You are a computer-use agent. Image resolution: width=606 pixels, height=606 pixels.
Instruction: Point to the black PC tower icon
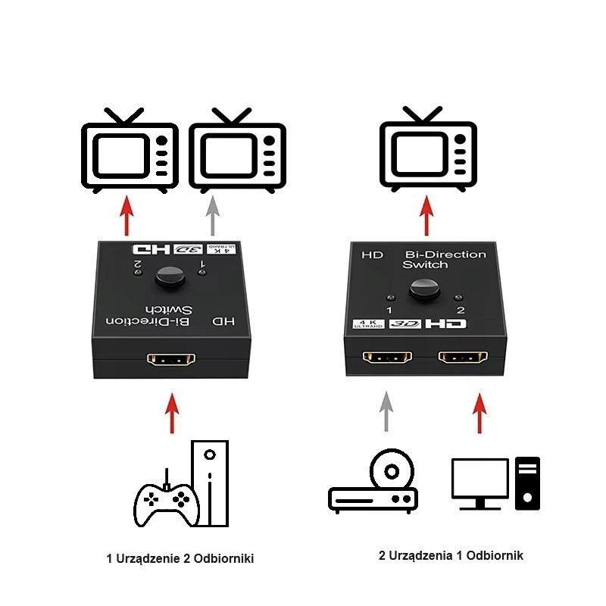[x=527, y=483]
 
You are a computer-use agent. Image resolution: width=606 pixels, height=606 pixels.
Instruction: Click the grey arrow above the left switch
[x=213, y=215]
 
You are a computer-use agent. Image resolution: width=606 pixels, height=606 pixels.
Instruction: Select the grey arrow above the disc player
[x=386, y=411]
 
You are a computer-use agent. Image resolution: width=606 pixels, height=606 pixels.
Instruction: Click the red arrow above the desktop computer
[x=479, y=411]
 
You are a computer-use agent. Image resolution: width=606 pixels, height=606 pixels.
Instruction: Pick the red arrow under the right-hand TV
[x=428, y=215]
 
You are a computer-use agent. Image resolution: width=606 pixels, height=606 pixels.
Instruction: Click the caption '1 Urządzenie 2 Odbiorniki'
[x=180, y=558]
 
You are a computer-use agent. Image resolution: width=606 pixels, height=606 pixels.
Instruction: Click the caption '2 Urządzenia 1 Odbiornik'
[x=451, y=555]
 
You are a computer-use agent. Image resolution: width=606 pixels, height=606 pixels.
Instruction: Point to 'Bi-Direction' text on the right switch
[x=445, y=255]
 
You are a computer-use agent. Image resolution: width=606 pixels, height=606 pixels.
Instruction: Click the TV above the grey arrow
[x=237, y=151]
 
